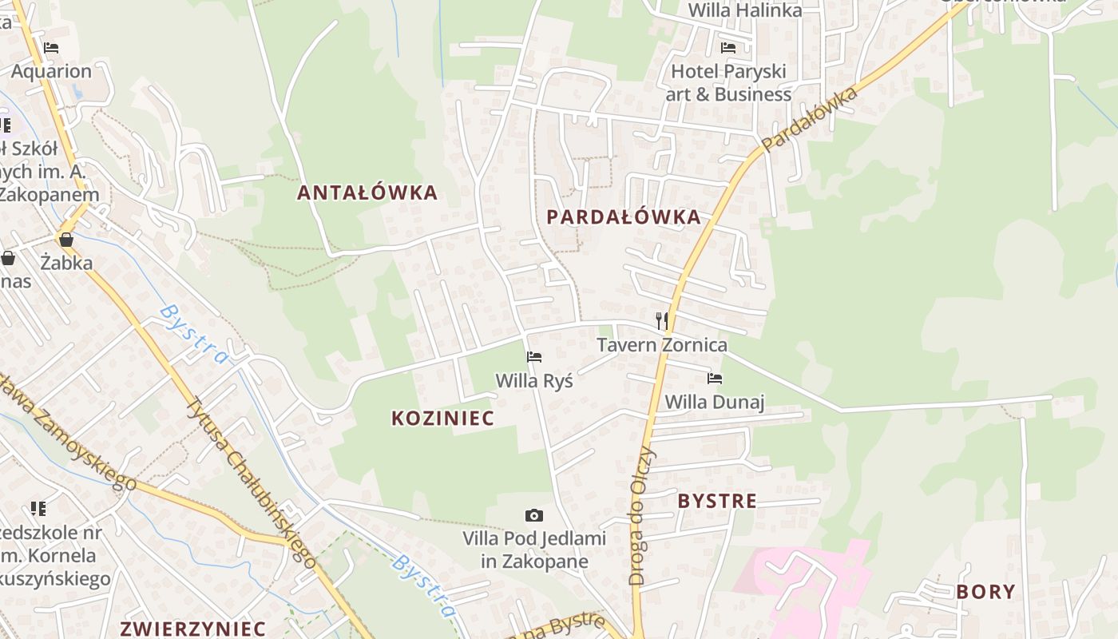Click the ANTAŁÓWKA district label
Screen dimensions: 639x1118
367,192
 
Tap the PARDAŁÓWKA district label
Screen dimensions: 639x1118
624,216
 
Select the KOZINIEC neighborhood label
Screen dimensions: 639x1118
442,418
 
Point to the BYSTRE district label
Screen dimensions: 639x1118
717,501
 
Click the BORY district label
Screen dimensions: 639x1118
985,592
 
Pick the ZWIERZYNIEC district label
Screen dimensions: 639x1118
192,628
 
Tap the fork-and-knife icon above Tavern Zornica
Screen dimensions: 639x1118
661,321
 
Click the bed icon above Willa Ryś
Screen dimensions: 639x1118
534,356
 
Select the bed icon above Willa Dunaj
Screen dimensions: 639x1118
715,378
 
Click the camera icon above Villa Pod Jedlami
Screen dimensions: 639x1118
534,515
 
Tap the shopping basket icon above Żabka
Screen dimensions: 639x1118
66,239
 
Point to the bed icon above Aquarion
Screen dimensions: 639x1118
51,48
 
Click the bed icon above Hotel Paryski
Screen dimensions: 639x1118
727,48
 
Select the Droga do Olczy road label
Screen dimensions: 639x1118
642,515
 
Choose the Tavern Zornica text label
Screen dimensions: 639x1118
662,345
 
